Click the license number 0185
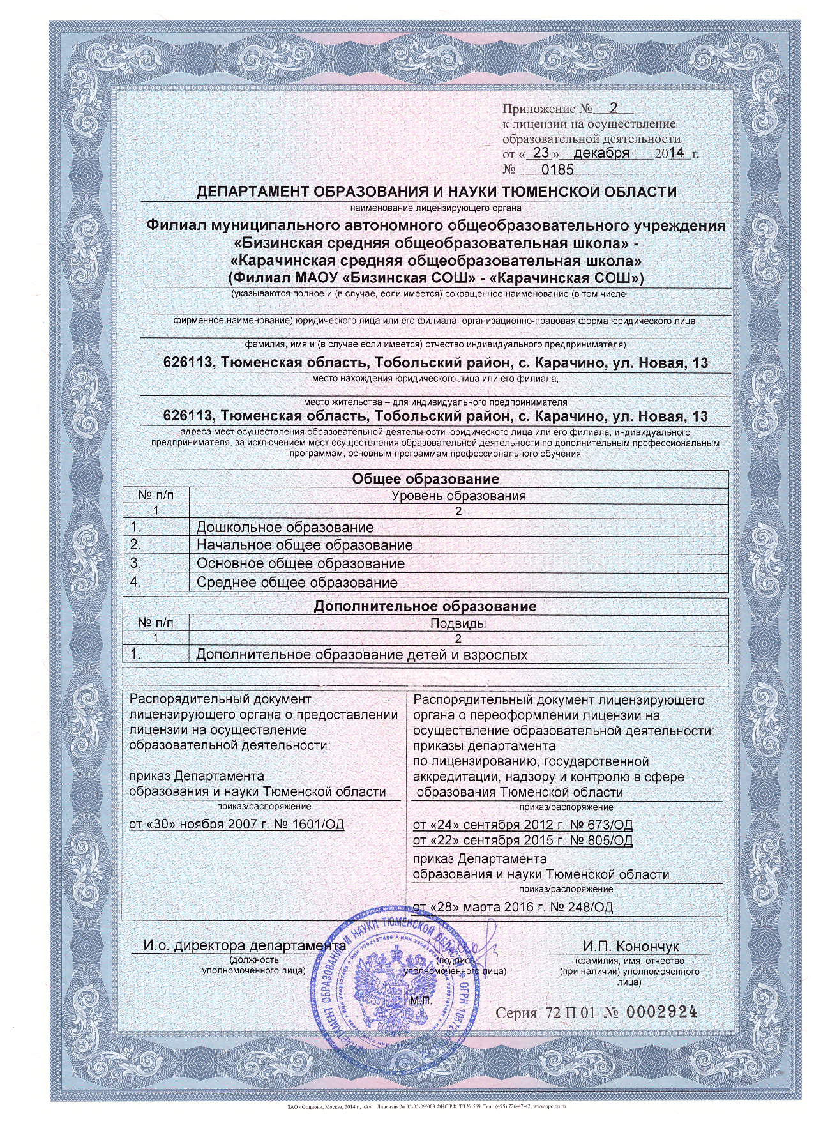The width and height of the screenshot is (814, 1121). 557,170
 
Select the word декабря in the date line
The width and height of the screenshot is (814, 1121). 601,153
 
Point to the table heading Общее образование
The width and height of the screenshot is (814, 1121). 425,479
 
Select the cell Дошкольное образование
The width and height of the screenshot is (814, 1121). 285,528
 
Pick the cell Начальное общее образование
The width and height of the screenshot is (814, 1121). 304,545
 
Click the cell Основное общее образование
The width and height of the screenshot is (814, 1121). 300,564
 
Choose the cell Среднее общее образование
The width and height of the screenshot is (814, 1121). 297,583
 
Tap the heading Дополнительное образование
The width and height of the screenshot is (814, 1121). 425,606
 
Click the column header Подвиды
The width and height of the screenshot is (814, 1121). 458,623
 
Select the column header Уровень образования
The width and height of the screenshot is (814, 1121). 458,496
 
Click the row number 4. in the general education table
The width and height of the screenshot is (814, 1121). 135,583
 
